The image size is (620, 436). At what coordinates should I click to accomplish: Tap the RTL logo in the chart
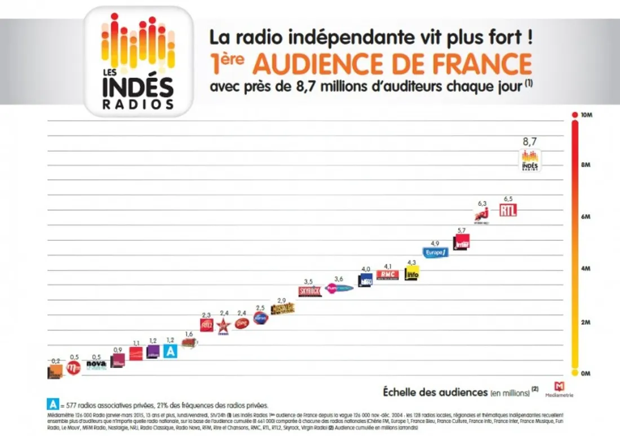pos(508,210)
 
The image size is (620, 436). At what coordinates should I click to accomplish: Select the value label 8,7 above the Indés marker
pos(529,142)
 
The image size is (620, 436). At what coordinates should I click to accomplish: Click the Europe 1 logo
pos(435,252)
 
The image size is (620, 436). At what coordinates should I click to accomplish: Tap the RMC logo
pos(387,275)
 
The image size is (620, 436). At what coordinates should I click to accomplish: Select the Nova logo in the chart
pos(96,364)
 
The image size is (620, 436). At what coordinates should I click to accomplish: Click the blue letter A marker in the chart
pos(170,351)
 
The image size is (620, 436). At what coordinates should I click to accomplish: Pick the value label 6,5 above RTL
pos(508,199)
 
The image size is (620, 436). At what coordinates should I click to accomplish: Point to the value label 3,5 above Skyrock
pos(308,281)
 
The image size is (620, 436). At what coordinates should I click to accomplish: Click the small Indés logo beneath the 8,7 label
pos(529,160)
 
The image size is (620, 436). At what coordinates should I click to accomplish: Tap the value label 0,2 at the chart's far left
pos(55,360)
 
